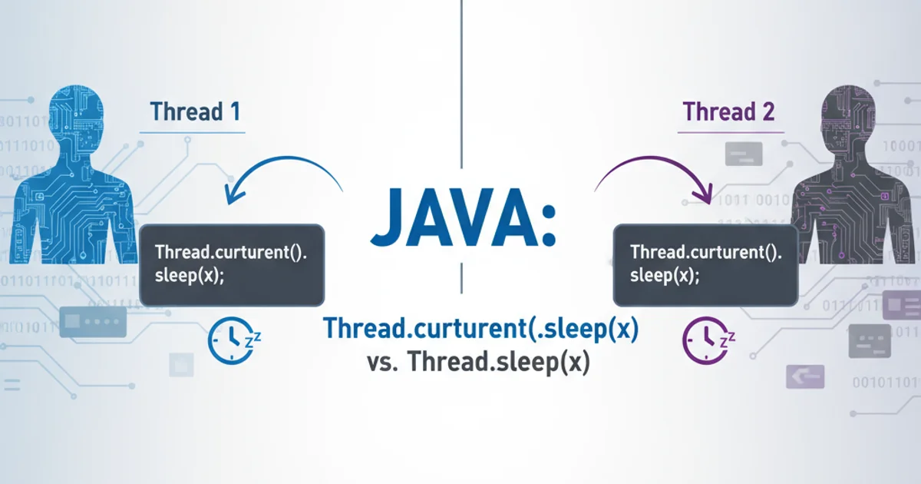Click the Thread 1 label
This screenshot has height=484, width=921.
(195, 111)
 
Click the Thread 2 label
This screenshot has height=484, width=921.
(728, 111)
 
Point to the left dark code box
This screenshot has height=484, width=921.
(231, 265)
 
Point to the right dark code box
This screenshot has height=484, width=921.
(705, 265)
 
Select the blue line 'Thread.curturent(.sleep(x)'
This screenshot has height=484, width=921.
(480, 330)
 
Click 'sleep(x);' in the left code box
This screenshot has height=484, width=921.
(190, 277)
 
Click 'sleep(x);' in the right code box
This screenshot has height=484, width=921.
(665, 277)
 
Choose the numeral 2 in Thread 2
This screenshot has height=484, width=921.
(767, 111)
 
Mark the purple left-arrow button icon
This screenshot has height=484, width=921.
(805, 376)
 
